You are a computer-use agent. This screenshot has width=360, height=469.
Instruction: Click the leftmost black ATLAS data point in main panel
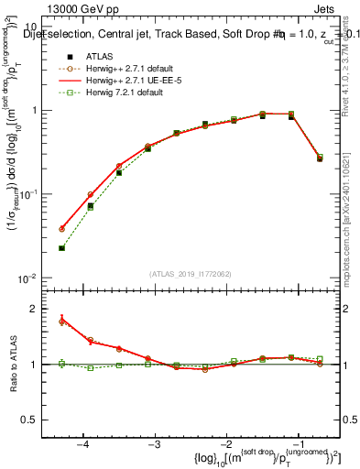[x=61, y=247]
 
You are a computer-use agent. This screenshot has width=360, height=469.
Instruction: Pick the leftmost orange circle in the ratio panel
[x=61, y=322]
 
